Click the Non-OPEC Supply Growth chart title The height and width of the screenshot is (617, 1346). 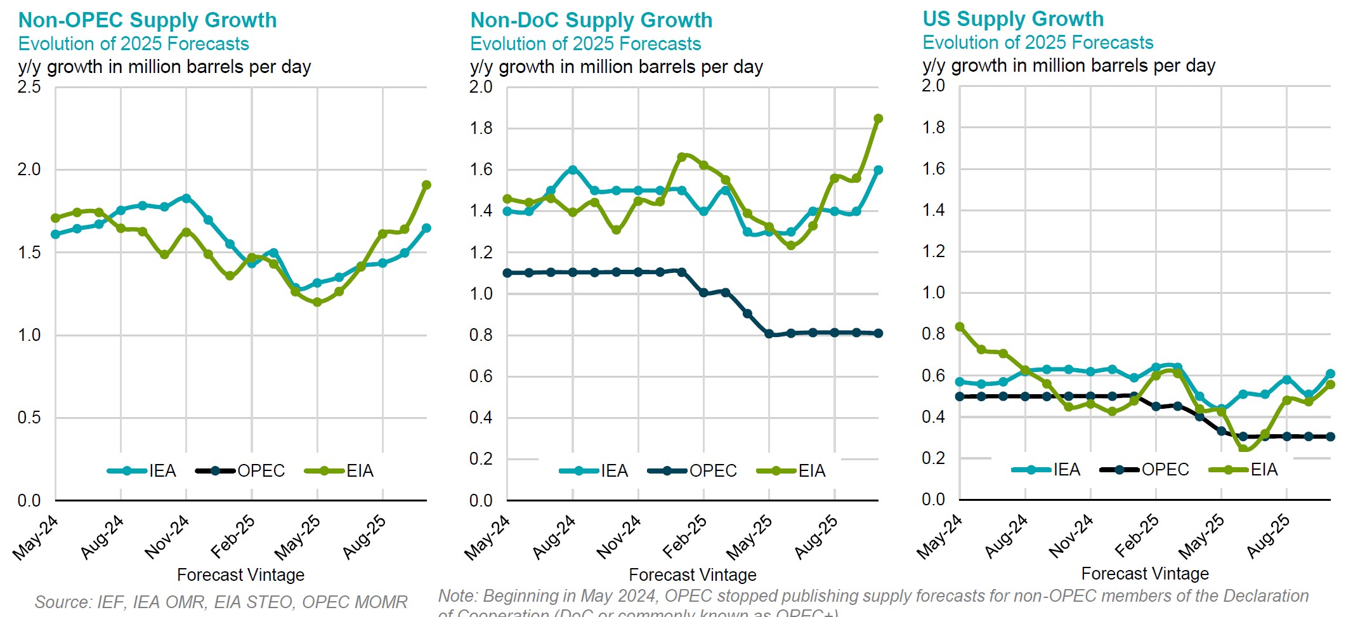click(147, 20)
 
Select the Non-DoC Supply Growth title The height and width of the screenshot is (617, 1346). click(591, 20)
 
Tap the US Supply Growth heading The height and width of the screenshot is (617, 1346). click(1013, 19)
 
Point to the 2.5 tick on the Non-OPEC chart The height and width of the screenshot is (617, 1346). click(29, 87)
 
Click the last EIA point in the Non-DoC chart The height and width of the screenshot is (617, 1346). click(879, 119)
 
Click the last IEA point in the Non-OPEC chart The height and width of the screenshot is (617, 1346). click(426, 228)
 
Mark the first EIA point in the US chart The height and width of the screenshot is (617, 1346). click(960, 327)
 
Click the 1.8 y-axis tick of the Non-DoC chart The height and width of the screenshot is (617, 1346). click(481, 128)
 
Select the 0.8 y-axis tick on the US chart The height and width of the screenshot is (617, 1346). click(933, 334)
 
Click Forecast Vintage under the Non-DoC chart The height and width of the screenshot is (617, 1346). click(692, 575)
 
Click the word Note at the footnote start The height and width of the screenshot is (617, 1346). click(456, 596)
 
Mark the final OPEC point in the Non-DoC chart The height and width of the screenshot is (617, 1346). click(879, 333)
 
